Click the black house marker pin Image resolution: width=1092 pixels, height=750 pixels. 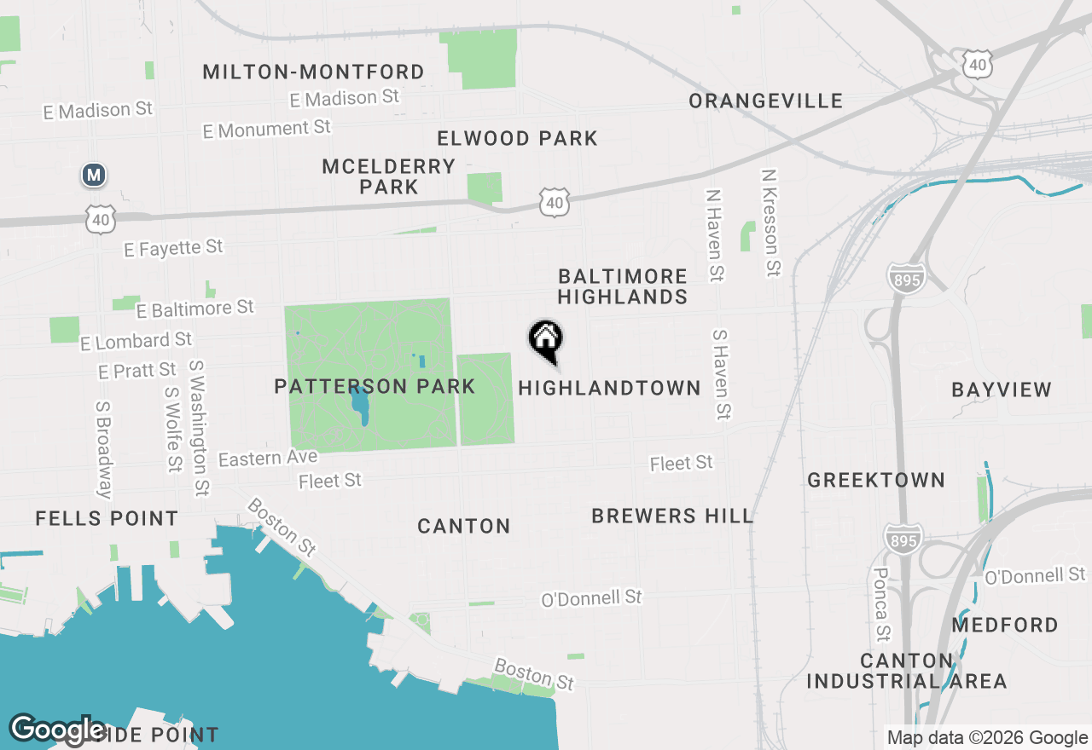point(546,339)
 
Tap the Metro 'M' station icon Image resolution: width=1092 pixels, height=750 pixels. point(94,176)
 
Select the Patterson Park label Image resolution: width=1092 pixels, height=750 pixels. point(375,387)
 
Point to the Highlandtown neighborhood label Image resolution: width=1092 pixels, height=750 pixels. point(609,389)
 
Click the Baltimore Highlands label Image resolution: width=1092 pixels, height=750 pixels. point(623,286)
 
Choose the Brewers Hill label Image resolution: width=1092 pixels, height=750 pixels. point(672,516)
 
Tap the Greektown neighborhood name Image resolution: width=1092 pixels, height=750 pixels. point(876,481)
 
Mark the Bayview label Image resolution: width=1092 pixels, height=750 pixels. point(1002,390)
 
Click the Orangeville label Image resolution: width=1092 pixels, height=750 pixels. point(766,101)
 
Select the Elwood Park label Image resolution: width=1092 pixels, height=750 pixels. point(517,139)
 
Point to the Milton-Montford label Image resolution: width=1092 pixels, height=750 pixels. point(313,72)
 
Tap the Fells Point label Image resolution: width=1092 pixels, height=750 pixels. point(107,519)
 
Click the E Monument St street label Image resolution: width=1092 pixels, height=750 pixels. point(267,130)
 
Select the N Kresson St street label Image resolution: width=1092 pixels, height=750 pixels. point(770,222)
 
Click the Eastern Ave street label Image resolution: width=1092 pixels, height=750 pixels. point(268,459)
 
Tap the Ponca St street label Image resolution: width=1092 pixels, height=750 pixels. point(882,604)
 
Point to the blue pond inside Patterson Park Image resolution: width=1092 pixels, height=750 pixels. point(360,404)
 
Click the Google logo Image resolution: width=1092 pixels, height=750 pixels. point(58,730)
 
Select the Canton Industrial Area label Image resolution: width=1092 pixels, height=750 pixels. point(907,672)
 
